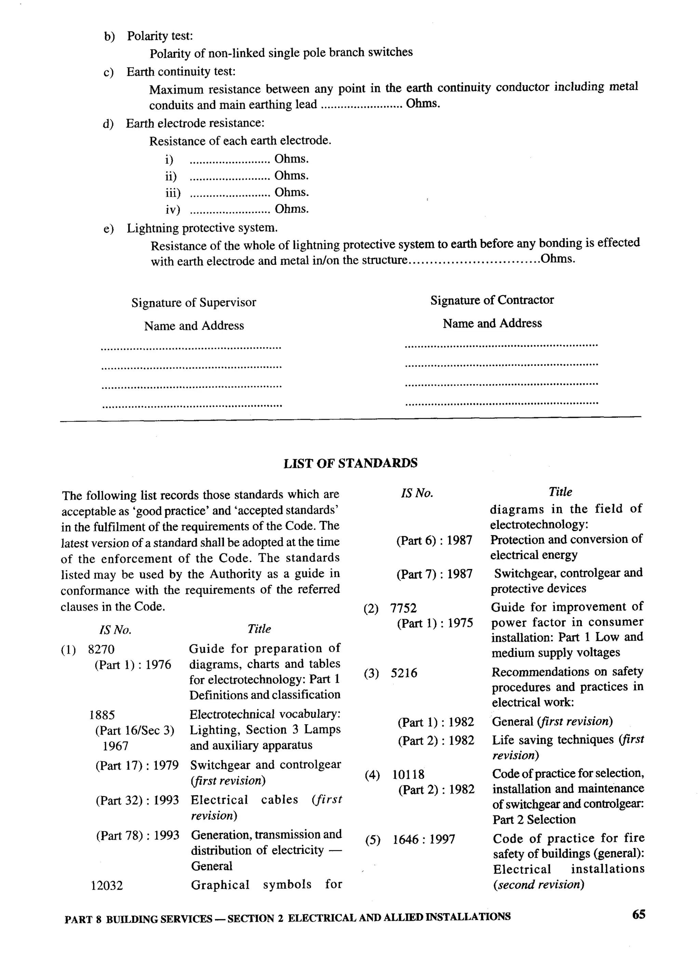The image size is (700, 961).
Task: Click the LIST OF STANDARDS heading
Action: [350, 463]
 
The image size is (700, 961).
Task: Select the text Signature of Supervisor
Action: [193, 303]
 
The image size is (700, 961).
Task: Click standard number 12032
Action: [107, 886]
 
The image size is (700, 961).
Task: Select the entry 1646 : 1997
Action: [423, 839]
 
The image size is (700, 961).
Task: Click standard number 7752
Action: [403, 609]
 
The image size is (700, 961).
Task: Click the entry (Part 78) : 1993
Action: [137, 836]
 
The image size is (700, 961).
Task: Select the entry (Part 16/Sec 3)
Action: [134, 730]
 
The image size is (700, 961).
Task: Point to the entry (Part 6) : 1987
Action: [434, 540]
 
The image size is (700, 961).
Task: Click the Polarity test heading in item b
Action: [160, 36]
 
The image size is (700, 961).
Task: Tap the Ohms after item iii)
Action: [292, 192]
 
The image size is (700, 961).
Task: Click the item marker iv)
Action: [173, 209]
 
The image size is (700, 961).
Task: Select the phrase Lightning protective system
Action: [202, 228]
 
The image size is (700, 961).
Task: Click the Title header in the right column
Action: [560, 492]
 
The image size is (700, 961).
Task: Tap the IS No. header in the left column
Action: [115, 630]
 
